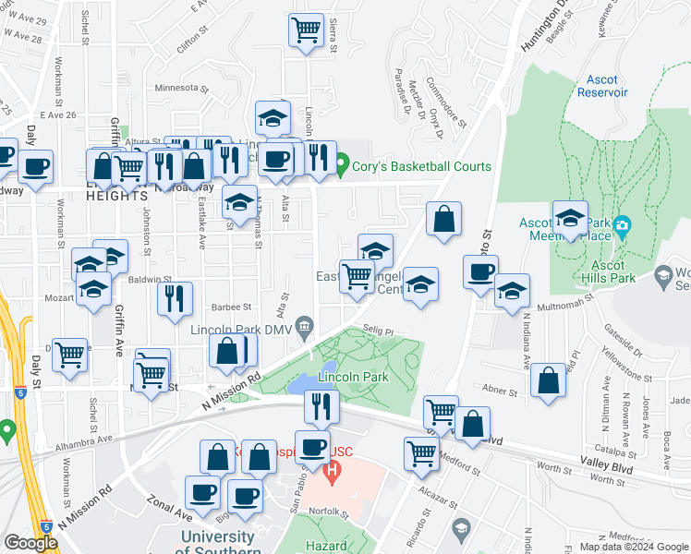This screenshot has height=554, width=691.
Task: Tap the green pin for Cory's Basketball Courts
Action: click(342, 167)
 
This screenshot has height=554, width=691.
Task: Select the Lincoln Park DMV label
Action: click(241, 330)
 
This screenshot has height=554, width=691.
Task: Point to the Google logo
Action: click(30, 543)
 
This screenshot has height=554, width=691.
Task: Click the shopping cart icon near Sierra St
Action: click(306, 30)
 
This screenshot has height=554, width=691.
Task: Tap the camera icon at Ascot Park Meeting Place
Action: click(623, 226)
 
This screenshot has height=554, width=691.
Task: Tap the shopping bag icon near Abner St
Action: click(548, 380)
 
